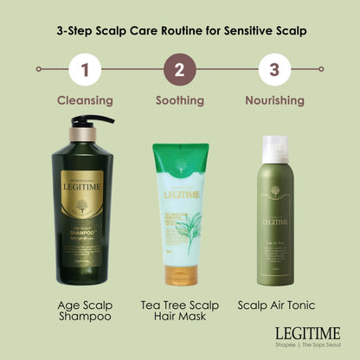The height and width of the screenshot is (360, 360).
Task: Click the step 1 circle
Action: pyautogui.click(x=85, y=68)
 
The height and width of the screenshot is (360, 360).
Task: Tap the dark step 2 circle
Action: pyautogui.click(x=179, y=68)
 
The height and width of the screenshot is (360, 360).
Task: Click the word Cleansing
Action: pyautogui.click(x=85, y=100)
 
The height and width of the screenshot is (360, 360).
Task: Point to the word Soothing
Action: pyautogui.click(x=179, y=100)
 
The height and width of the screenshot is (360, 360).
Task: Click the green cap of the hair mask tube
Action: pyautogui.click(x=180, y=156)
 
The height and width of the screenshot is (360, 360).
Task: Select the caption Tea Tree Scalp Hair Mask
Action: pyautogui.click(x=179, y=312)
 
